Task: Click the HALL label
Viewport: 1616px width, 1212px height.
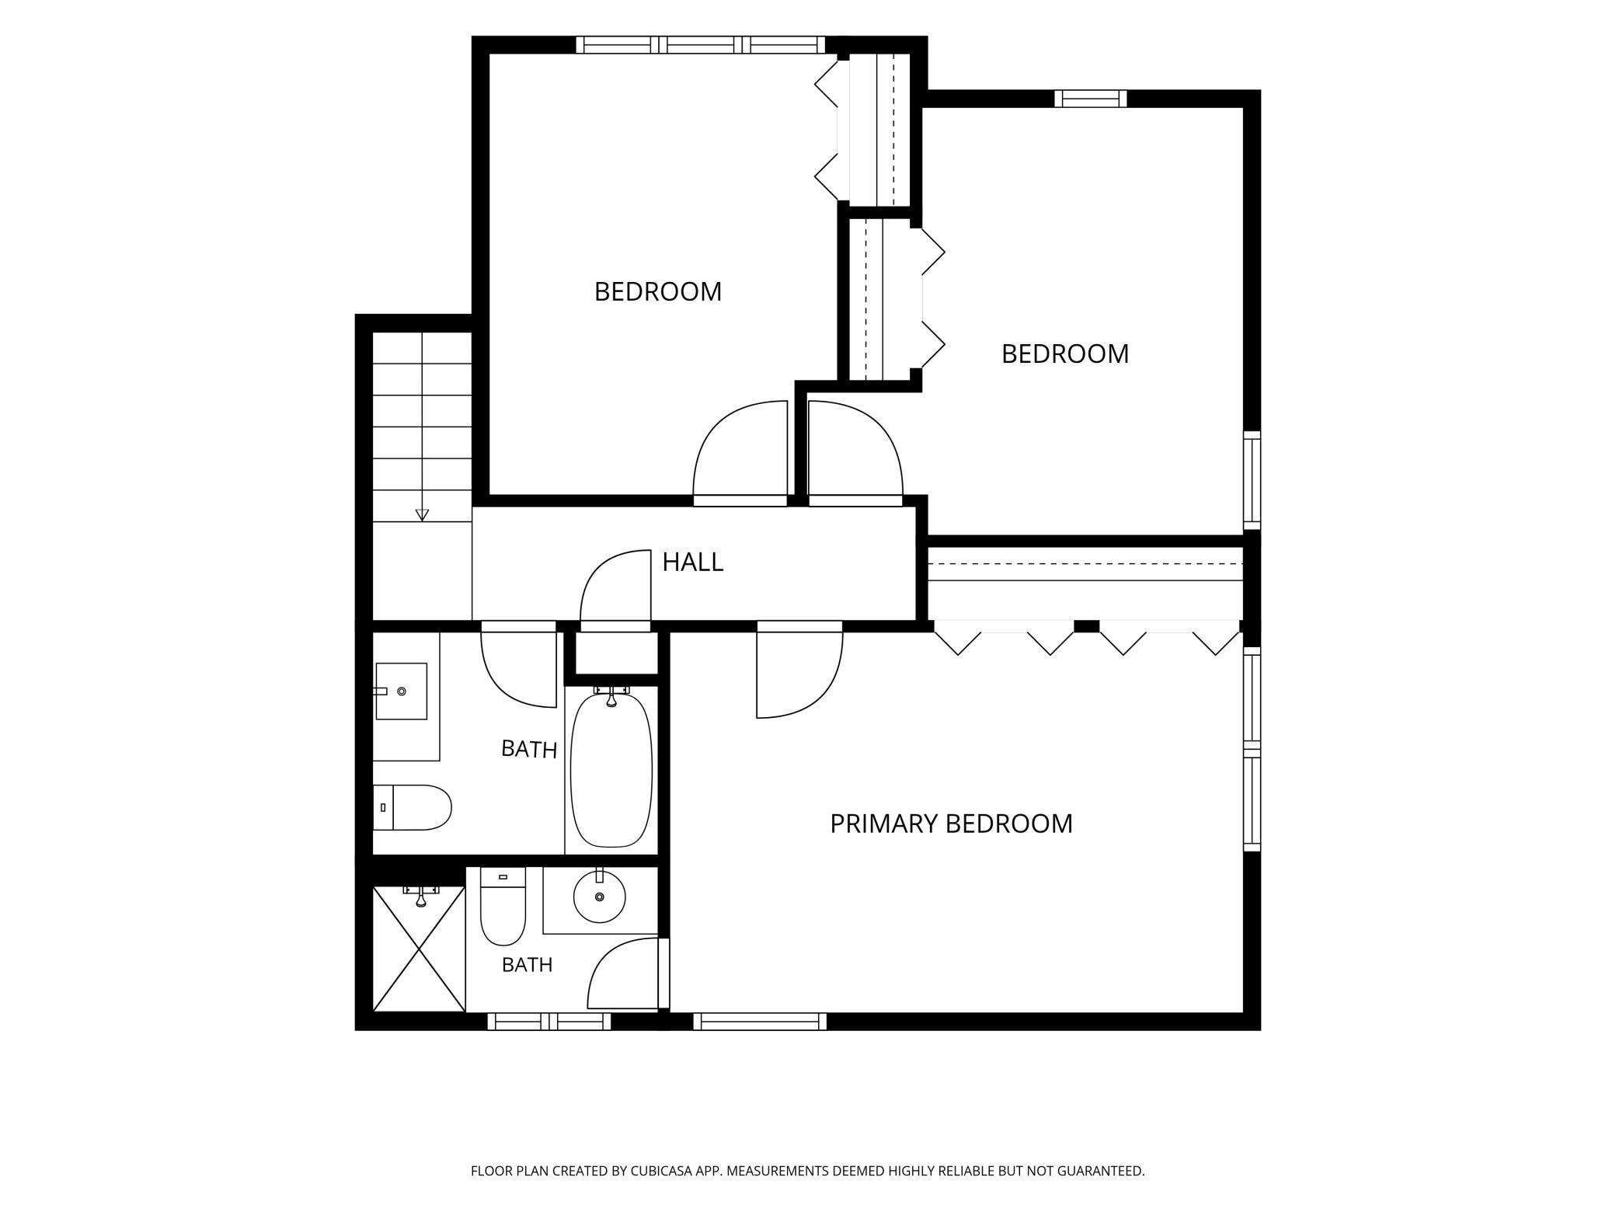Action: [692, 562]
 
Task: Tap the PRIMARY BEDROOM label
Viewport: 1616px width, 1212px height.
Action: [951, 824]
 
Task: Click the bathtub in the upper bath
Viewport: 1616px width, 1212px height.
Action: [611, 770]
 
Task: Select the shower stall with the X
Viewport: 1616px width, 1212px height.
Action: [419, 948]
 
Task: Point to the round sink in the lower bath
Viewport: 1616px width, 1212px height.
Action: [599, 897]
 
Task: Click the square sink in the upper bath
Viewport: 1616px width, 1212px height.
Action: [401, 691]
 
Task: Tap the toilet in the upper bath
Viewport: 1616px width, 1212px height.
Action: [412, 807]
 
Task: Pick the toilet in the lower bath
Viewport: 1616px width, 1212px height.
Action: [503, 906]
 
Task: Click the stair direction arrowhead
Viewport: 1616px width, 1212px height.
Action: [422, 514]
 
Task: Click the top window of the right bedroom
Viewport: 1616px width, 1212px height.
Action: [1090, 99]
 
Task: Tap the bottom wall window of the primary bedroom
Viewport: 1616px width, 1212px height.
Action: [759, 1021]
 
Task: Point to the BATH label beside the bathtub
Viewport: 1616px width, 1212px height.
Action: [529, 749]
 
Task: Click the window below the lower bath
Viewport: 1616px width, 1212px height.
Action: [549, 1021]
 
